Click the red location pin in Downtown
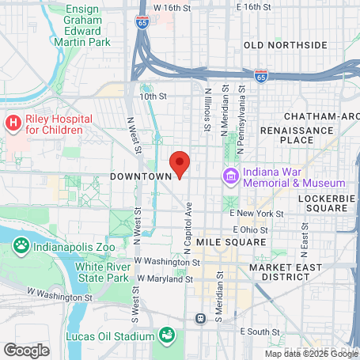(x=180, y=164)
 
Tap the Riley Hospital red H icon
(x=13, y=123)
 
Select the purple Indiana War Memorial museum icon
(x=231, y=174)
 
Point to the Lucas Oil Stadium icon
(x=167, y=335)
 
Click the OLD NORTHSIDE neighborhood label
(x=286, y=45)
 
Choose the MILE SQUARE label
(x=232, y=241)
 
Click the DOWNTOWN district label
(x=142, y=176)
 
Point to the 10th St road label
(x=154, y=97)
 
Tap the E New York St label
(x=256, y=214)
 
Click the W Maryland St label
(x=165, y=279)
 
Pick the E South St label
(x=263, y=331)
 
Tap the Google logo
(x=26, y=349)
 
